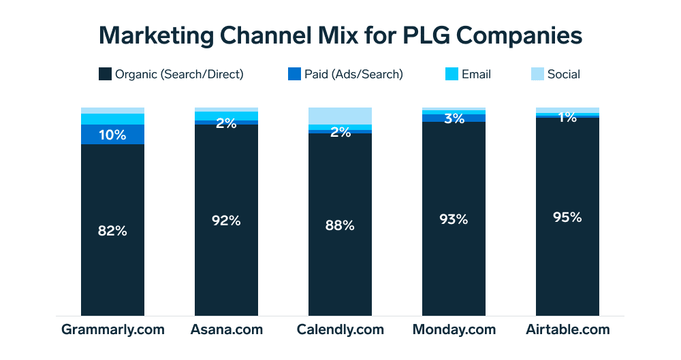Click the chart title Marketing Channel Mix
click(x=340, y=35)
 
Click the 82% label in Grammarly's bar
click(x=112, y=231)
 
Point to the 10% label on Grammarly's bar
click(x=112, y=135)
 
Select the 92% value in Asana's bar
click(x=226, y=220)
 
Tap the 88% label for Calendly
click(x=340, y=225)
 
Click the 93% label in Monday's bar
click(x=454, y=219)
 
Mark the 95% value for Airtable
click(x=567, y=217)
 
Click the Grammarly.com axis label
click(x=112, y=330)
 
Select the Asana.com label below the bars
click(x=226, y=330)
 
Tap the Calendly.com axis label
click(x=340, y=330)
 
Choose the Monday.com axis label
click(x=454, y=330)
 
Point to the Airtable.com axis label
click(x=567, y=330)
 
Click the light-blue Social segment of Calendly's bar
click(x=340, y=116)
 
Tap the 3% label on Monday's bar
click(x=454, y=118)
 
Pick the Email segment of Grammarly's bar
click(x=112, y=119)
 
